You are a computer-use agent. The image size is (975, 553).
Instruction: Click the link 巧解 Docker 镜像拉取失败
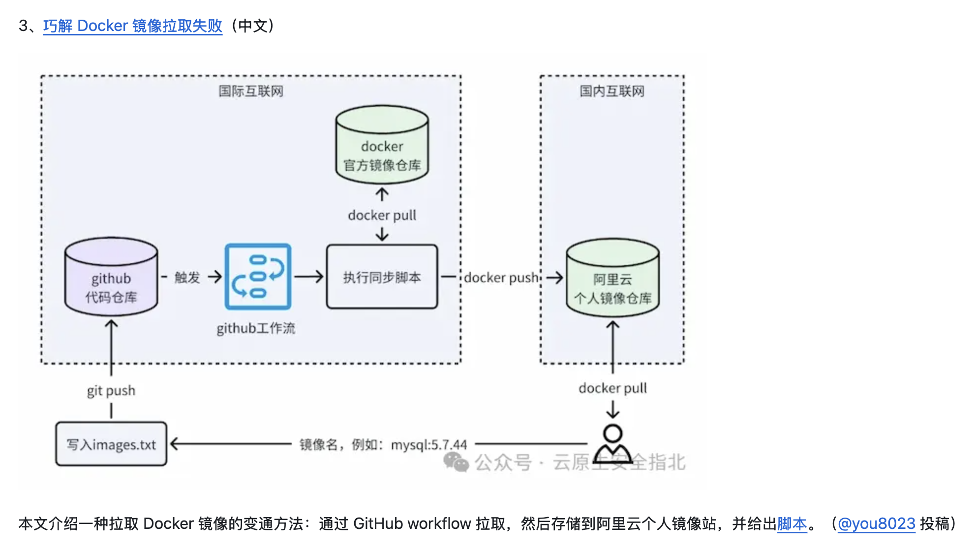(x=132, y=26)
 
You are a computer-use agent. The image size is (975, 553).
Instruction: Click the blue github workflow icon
(x=258, y=276)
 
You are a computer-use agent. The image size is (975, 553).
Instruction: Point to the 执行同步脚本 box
(x=382, y=277)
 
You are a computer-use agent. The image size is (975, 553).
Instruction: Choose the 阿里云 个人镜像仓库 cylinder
(x=612, y=280)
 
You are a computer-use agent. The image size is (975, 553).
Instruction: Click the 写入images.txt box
(x=111, y=444)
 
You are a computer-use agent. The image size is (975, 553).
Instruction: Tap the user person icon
(x=612, y=443)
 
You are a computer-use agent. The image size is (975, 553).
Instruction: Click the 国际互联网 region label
(x=251, y=91)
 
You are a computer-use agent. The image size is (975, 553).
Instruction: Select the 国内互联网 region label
(x=611, y=91)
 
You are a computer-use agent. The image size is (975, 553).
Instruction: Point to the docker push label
(x=501, y=277)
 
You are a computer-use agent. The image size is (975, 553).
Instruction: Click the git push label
(x=111, y=391)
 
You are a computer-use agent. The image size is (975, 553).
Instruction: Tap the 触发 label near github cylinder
(x=187, y=277)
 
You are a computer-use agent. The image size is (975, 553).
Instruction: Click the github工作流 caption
(x=256, y=328)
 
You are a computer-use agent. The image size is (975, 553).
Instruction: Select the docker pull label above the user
(x=612, y=388)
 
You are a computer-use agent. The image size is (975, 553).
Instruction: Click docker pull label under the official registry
(x=382, y=215)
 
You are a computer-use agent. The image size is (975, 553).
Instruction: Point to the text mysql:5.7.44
(x=428, y=445)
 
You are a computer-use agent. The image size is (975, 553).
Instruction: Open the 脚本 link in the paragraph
(x=792, y=523)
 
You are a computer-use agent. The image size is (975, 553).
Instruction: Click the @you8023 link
(x=876, y=523)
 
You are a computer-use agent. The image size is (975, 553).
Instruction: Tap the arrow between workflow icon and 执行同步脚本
(x=309, y=276)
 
